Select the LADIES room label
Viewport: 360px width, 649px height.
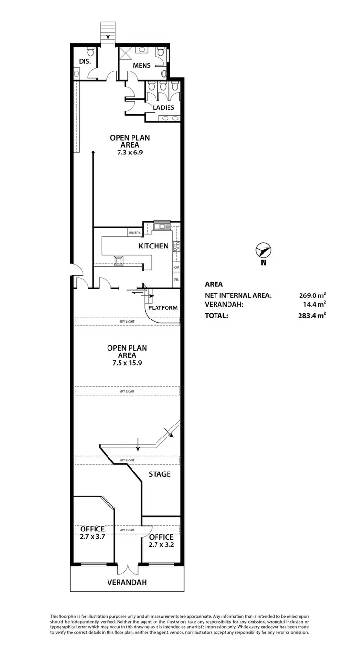tap(164, 107)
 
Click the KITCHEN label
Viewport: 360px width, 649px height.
tap(153, 246)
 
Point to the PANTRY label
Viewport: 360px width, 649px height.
tap(134, 233)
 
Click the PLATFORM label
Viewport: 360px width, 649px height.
tap(164, 308)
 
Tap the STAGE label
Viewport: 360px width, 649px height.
tap(159, 474)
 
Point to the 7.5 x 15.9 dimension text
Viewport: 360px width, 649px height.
tap(127, 363)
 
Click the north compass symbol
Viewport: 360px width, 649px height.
tap(264, 251)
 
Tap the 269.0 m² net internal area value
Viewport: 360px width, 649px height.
tap(312, 295)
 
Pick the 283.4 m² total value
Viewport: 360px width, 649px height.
tap(312, 315)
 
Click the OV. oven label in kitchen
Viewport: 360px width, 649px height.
tap(176, 267)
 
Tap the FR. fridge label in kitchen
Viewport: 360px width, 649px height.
tap(176, 279)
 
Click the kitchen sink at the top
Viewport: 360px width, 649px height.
tap(162, 226)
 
